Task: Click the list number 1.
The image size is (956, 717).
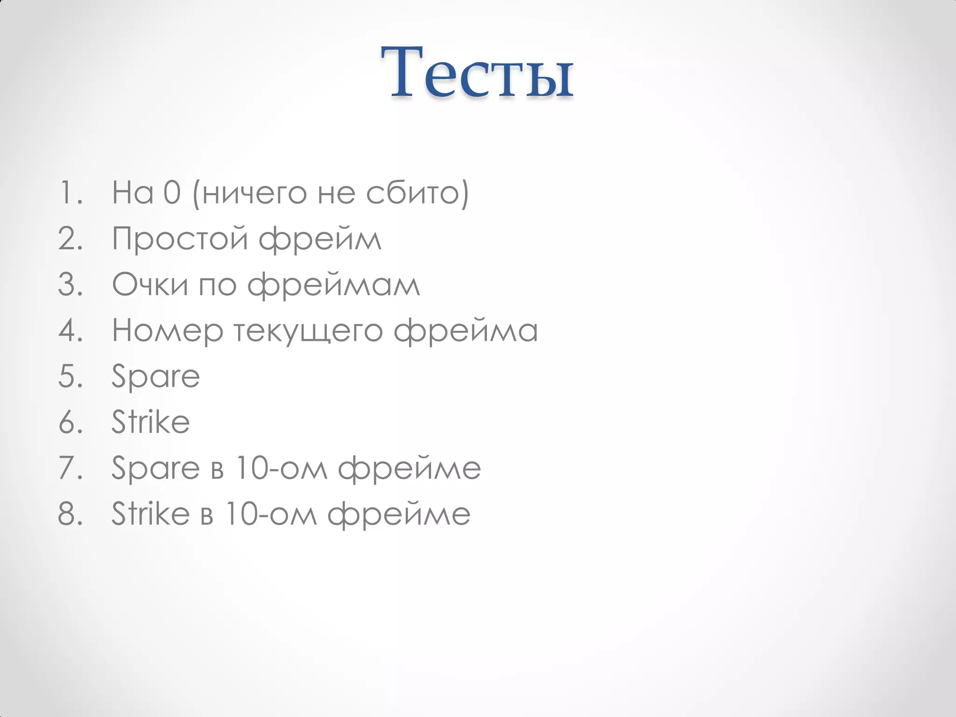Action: [70, 192]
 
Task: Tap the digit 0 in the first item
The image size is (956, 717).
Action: [172, 192]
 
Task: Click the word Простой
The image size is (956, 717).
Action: [180, 239]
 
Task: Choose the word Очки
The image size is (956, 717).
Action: [150, 284]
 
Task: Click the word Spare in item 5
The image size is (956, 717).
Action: [155, 376]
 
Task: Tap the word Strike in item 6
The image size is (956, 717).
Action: [150, 422]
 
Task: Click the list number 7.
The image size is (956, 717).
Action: [70, 468]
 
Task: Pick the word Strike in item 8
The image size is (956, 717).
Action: [150, 513]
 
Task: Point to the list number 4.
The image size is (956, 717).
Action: [70, 330]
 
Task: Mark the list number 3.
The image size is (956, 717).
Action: [70, 284]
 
